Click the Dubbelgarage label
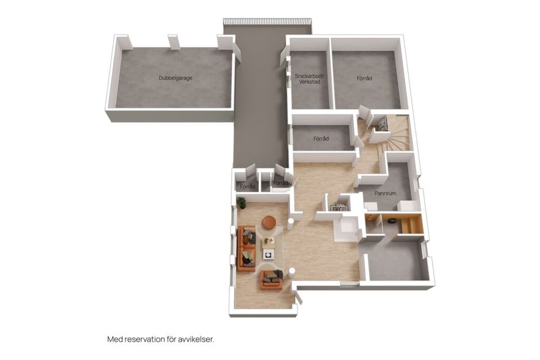pos(175,78)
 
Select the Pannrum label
pos(385,193)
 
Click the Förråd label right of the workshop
pos(364,78)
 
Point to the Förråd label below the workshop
pos(321,139)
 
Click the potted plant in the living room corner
pos(241,202)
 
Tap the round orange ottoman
pos(269,222)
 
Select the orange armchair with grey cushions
pos(272,280)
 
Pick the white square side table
pos(268,254)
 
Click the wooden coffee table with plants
pos(268,242)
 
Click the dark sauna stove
pos(391,221)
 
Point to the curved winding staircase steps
pos(395,136)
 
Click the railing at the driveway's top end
pos(267,21)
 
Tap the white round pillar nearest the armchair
pos(292,272)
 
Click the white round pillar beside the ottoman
pos(291,223)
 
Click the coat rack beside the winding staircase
pos(382,123)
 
